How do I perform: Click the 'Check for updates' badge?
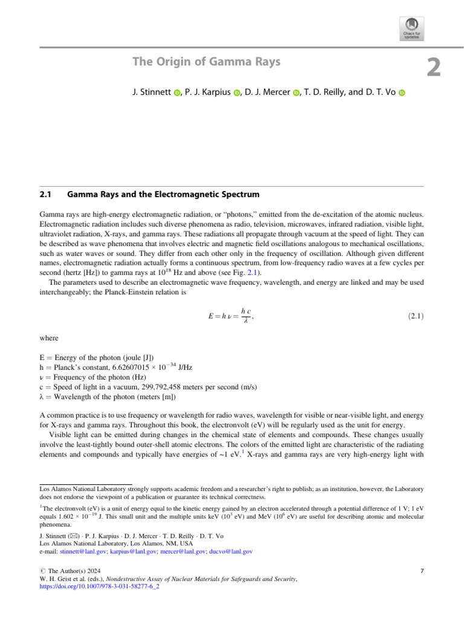pyautogui.click(x=409, y=28)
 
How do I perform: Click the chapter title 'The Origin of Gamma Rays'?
pyautogui.click(x=206, y=62)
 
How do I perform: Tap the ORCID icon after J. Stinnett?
pyautogui.click(x=177, y=92)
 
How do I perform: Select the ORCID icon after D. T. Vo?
pyautogui.click(x=401, y=92)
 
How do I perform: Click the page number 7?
pyautogui.click(x=422, y=571)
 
